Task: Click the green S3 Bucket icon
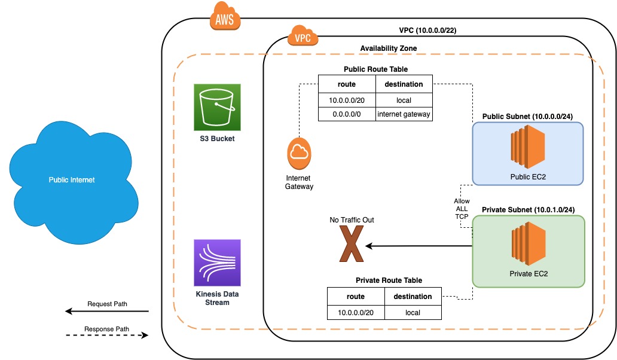(x=217, y=107)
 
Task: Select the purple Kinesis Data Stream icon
(x=217, y=263)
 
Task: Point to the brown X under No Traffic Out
(x=352, y=246)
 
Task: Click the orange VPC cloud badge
(x=302, y=38)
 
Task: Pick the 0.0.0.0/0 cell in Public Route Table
(x=346, y=114)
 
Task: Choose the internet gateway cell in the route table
(x=404, y=114)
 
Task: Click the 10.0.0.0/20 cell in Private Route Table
(x=356, y=312)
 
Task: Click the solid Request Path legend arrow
(x=106, y=312)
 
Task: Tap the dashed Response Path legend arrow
(x=106, y=336)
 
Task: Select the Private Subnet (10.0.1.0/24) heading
(x=528, y=209)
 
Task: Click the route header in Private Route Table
(x=356, y=297)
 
